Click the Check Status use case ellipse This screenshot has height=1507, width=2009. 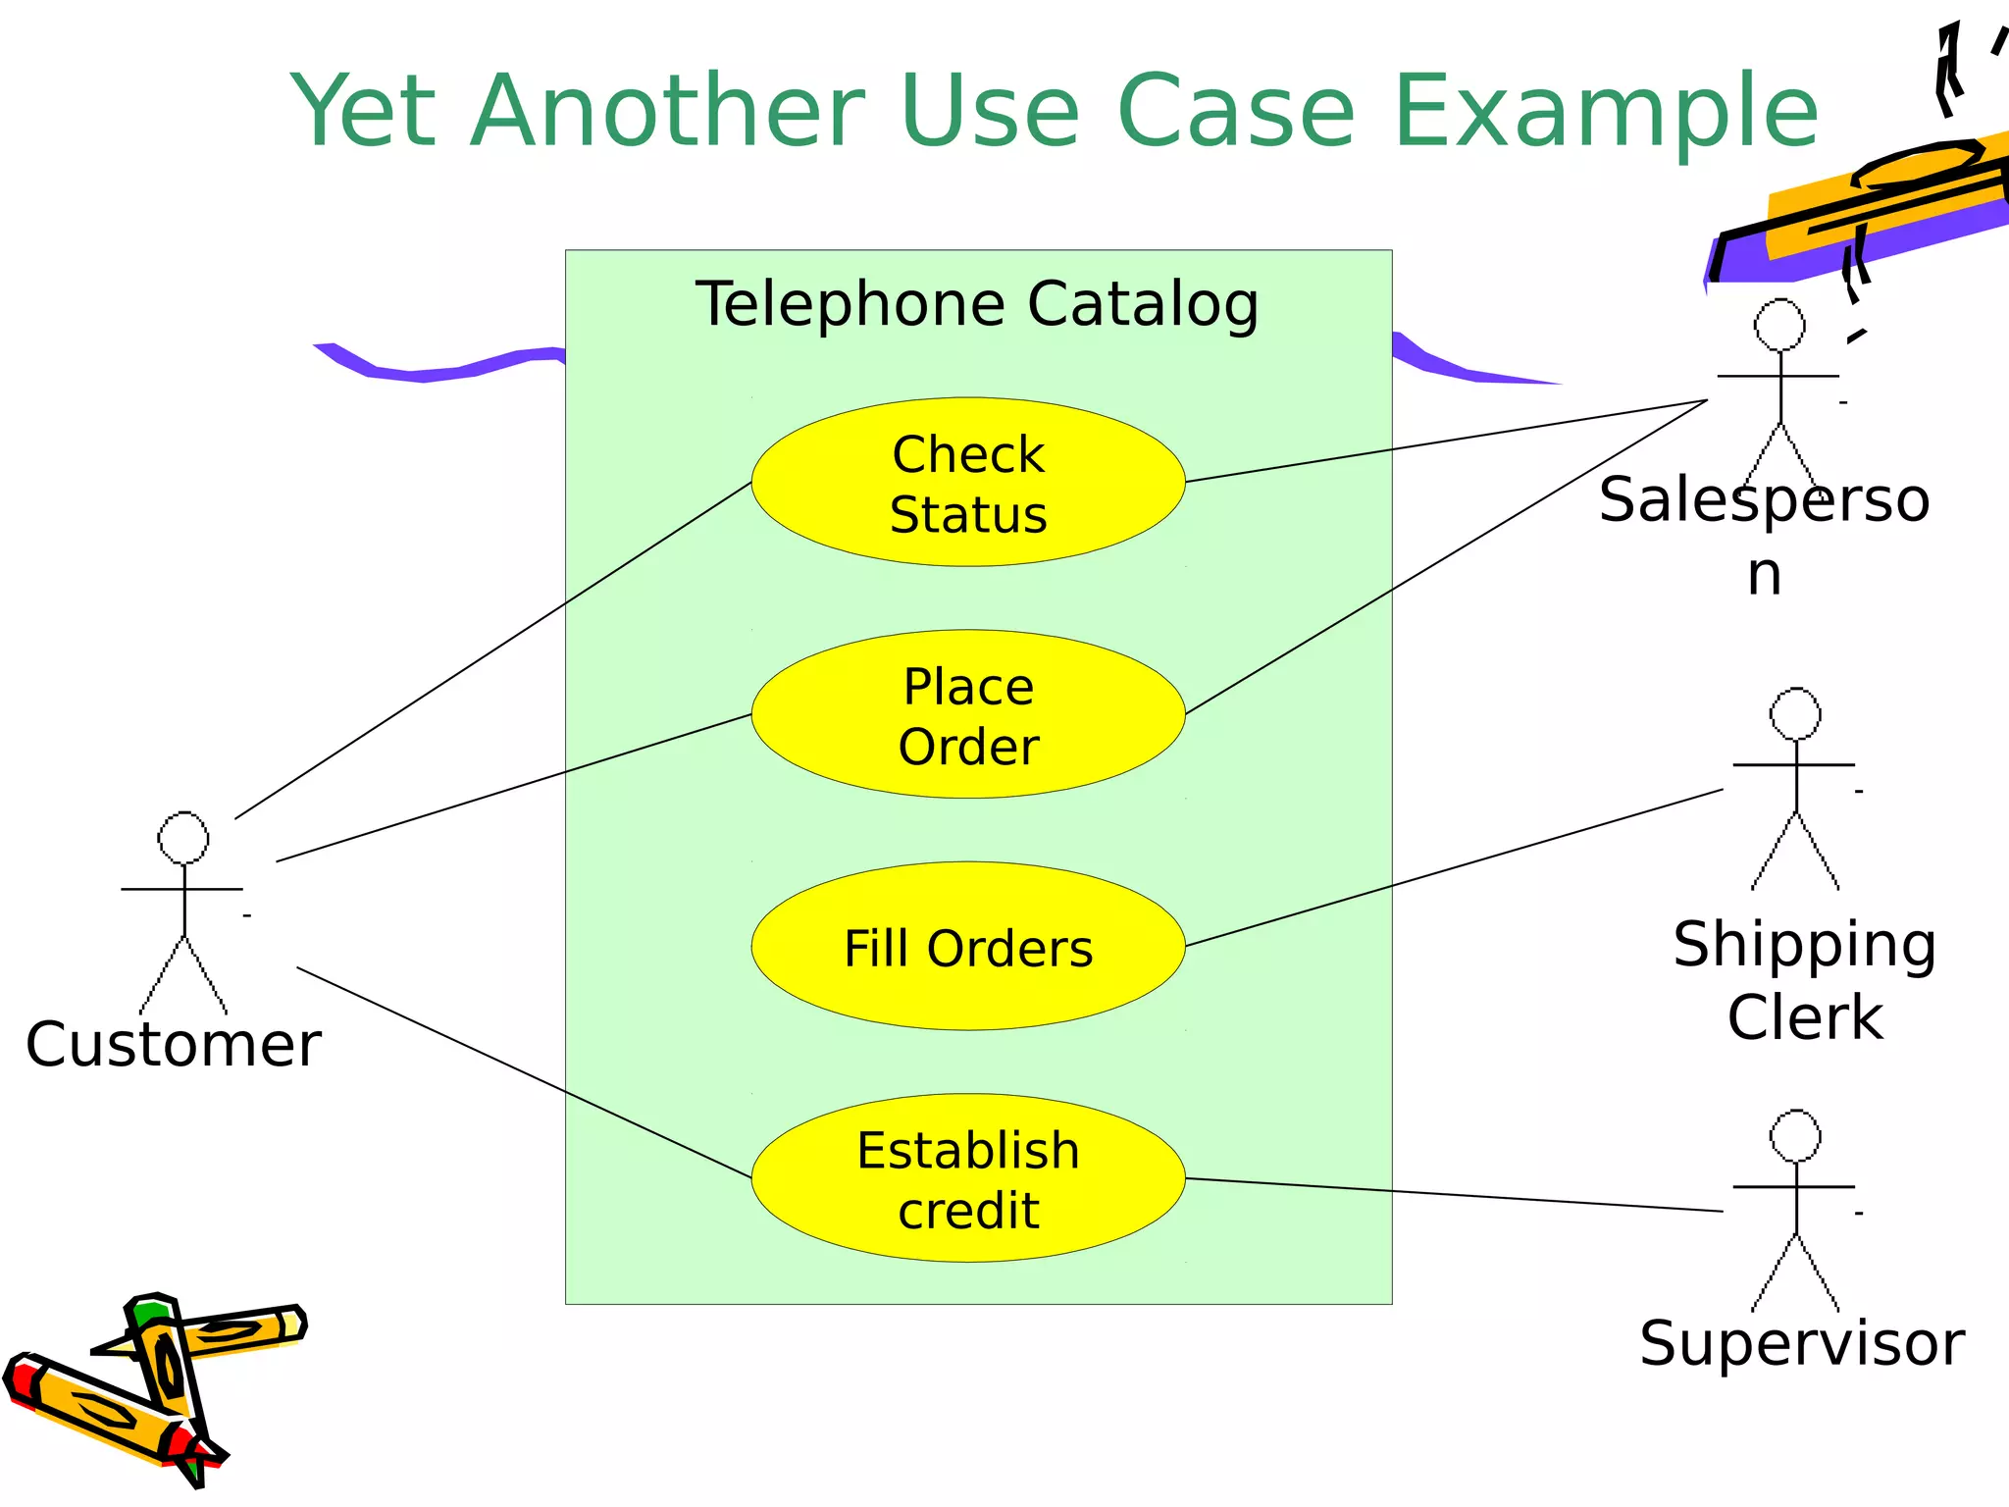pyautogui.click(x=968, y=482)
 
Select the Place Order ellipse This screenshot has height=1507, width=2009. pyautogui.click(x=968, y=714)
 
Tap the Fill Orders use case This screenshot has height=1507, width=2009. pyautogui.click(x=968, y=947)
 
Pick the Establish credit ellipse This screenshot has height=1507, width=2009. pyautogui.click(x=968, y=1178)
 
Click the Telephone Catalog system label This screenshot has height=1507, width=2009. pyautogui.click(x=977, y=304)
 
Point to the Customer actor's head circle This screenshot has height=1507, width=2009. pyautogui.click(x=183, y=838)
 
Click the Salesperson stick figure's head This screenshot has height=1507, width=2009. pyautogui.click(x=1779, y=325)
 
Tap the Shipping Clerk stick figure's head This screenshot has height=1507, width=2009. pyautogui.click(x=1795, y=713)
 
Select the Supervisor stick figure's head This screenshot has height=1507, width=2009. pyautogui.click(x=1795, y=1136)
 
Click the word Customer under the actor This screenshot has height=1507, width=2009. pyautogui.click(x=174, y=1044)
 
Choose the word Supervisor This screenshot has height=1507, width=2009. pyautogui.click(x=1802, y=1343)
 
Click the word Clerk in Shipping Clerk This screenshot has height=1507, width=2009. pyautogui.click(x=1805, y=1017)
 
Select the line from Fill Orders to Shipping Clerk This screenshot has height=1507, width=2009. pyautogui.click(x=1452, y=867)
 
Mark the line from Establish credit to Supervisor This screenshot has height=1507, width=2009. pyautogui.click(x=1452, y=1195)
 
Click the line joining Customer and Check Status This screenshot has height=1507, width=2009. pyautogui.click(x=490, y=651)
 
